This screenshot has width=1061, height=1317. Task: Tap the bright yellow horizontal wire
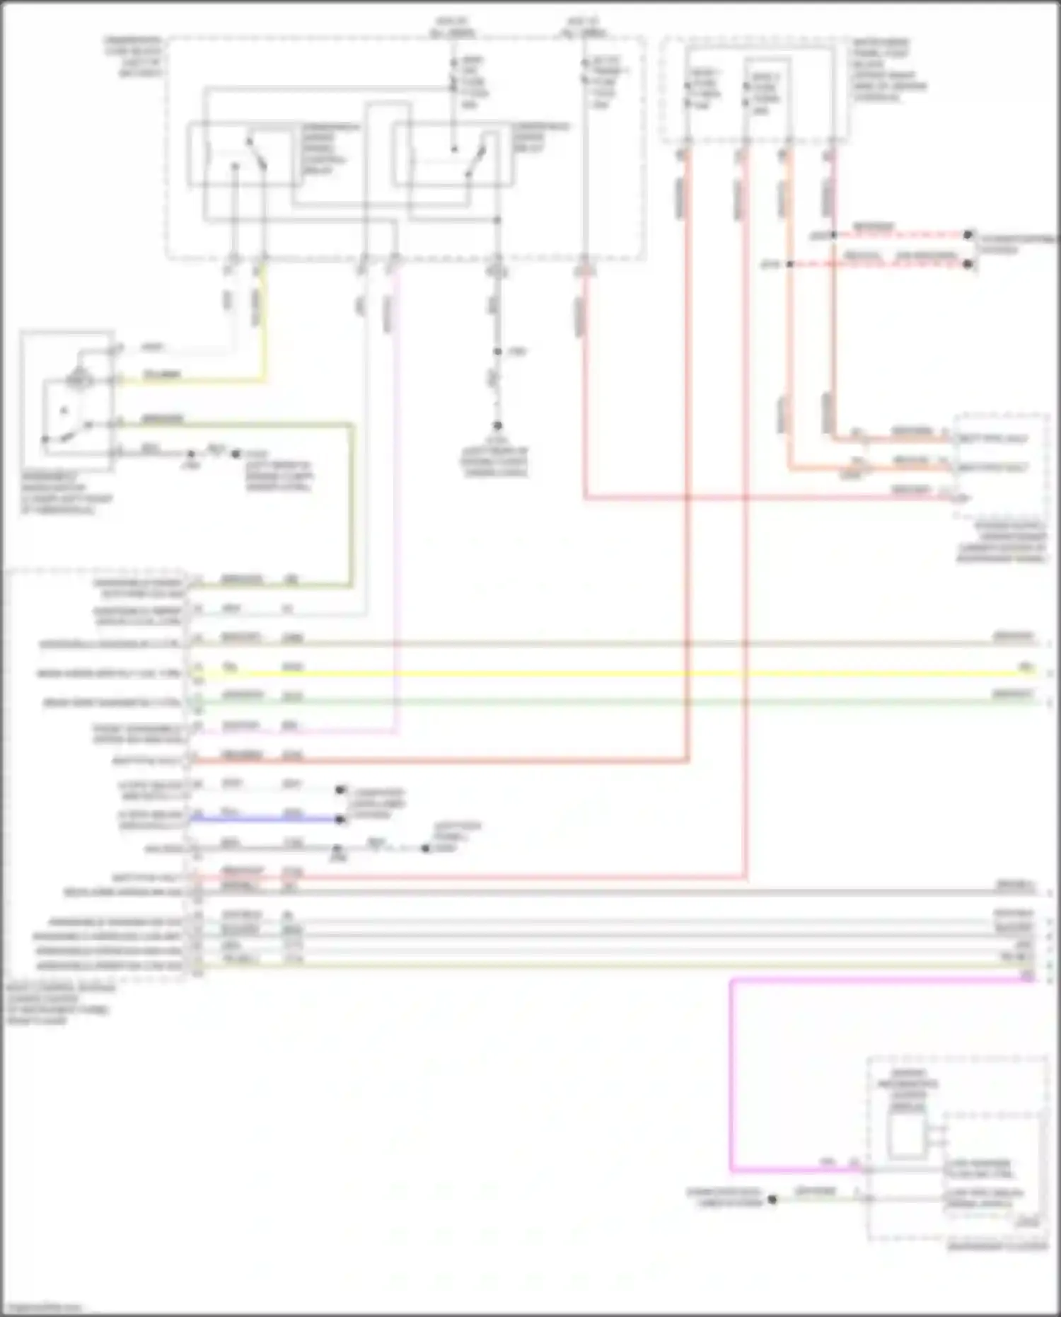pos(601,673)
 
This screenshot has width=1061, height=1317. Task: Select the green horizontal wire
pos(601,701)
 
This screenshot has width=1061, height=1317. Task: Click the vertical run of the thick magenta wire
pos(731,1076)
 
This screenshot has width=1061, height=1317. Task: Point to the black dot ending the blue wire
pos(340,819)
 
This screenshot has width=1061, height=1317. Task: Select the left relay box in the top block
pos(240,155)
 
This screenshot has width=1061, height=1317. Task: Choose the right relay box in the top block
pos(453,155)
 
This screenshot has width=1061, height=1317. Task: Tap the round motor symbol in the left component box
pos(78,380)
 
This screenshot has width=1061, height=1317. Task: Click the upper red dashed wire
pos(898,234)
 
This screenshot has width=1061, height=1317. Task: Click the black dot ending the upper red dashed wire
pos(968,234)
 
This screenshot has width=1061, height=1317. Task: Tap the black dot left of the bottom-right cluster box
pos(772,1200)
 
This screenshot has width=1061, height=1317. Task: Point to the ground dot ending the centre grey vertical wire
pos(497,425)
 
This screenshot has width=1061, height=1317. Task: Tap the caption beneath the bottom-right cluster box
pos(997,1246)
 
